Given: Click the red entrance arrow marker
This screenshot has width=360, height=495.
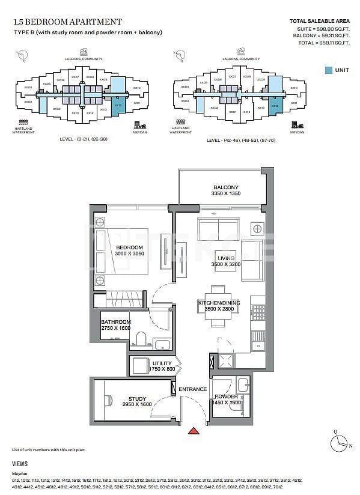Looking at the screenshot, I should click(x=193, y=430).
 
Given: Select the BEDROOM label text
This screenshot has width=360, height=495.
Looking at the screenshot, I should click(x=129, y=247).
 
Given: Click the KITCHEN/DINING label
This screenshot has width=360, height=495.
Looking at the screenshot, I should click(x=219, y=303).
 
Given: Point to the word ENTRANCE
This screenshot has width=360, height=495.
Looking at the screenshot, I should click(x=192, y=389).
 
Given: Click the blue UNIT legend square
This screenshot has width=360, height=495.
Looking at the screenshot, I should click(x=328, y=70).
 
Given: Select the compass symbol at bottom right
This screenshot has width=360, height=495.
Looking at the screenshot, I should click(x=341, y=439).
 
